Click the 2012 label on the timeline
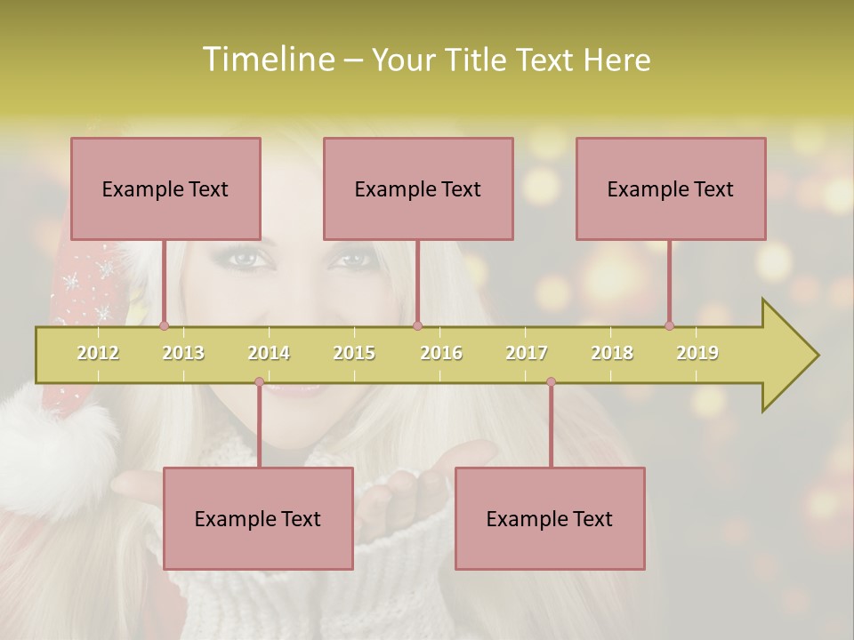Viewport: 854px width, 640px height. click(x=98, y=353)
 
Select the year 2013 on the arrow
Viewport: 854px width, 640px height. click(x=183, y=353)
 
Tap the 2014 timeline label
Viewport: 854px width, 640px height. click(x=269, y=353)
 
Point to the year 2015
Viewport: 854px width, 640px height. click(x=354, y=353)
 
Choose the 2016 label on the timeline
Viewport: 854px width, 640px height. click(x=441, y=353)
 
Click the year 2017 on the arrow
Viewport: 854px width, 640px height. click(x=527, y=353)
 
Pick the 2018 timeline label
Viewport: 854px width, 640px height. click(x=612, y=353)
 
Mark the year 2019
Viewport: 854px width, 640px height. click(x=697, y=353)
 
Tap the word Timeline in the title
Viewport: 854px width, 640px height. click(x=266, y=60)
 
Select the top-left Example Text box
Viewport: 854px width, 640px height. click(x=165, y=188)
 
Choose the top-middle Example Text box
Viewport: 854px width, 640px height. click(x=418, y=188)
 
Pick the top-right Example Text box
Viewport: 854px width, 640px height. click(x=671, y=188)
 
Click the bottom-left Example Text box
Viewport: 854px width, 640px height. click(x=258, y=518)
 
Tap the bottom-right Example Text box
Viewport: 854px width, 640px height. click(x=550, y=518)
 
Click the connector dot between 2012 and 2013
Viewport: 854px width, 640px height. click(x=164, y=326)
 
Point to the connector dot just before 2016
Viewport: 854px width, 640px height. click(x=418, y=326)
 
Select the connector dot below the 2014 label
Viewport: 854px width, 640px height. click(x=259, y=382)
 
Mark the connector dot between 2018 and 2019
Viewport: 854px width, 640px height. click(x=669, y=326)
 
